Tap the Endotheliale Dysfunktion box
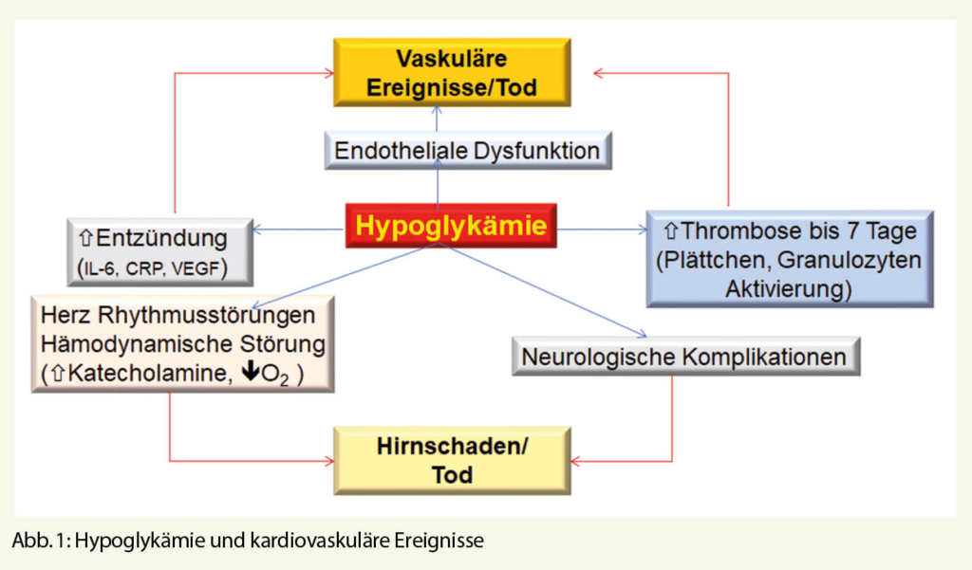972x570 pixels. pos(466,150)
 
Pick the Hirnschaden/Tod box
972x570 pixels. pos(452,460)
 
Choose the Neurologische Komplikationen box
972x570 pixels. pos(684,358)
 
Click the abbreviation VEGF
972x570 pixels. pos(210,268)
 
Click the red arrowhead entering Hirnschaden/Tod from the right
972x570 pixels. pos(577,461)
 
